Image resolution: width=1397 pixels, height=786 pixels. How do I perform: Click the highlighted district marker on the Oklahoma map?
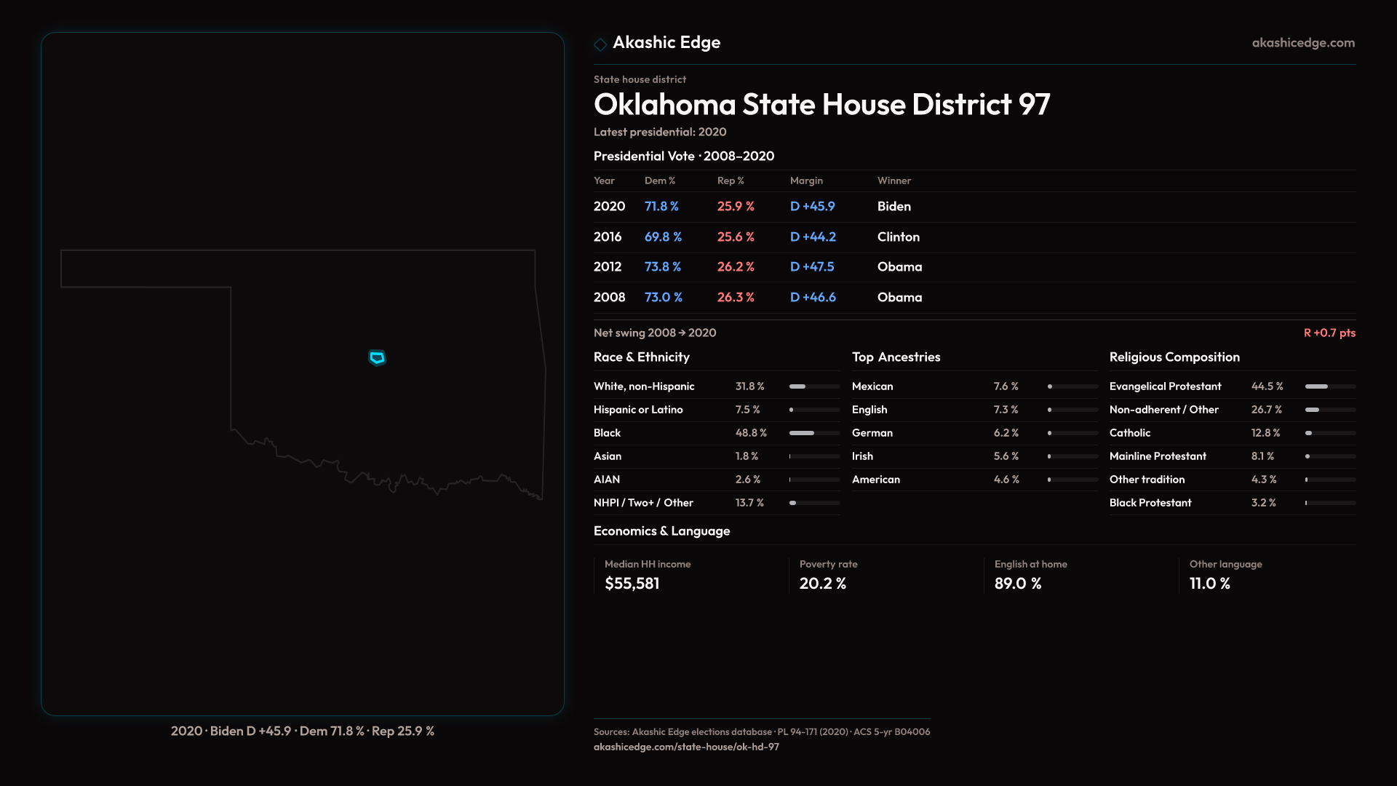click(377, 357)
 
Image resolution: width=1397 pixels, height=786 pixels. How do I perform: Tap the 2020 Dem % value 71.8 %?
click(661, 207)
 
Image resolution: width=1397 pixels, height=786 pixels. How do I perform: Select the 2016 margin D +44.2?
click(813, 237)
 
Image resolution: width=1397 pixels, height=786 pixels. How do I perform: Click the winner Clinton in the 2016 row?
click(898, 237)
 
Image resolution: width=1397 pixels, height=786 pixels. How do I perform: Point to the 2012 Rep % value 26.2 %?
click(736, 267)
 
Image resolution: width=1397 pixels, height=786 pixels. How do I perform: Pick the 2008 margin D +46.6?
click(813, 298)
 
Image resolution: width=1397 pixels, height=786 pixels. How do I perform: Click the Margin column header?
click(806, 180)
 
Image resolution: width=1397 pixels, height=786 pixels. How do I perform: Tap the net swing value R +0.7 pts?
click(1329, 333)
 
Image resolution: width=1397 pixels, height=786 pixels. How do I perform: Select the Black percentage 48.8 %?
click(751, 433)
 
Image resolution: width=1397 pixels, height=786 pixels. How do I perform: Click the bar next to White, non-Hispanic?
click(814, 386)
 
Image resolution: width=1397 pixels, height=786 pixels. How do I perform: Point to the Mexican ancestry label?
click(872, 386)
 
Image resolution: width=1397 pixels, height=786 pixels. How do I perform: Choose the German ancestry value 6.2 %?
click(1006, 433)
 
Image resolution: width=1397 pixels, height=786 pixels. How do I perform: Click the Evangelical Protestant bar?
click(1330, 386)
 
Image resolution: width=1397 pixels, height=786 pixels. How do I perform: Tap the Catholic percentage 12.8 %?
click(1265, 433)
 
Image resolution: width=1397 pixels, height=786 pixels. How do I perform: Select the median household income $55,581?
click(632, 584)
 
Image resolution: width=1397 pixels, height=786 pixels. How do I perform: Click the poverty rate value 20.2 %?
click(822, 584)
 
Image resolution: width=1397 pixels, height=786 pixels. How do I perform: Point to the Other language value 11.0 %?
click(1209, 584)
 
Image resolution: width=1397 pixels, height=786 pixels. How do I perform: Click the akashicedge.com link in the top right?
click(1303, 43)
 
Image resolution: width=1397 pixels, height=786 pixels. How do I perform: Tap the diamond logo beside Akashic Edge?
click(600, 44)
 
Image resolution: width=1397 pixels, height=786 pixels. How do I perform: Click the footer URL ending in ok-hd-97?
click(686, 747)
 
